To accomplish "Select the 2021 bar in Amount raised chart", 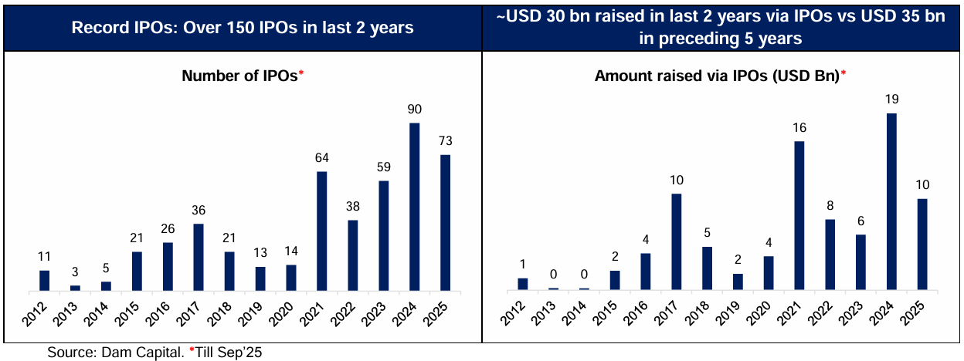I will (x=799, y=216).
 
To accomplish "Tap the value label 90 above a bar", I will (x=414, y=110).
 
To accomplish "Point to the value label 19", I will (x=892, y=100).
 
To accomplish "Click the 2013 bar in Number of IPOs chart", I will (x=75, y=287).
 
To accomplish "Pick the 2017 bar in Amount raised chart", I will (x=676, y=241).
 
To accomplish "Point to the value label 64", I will (x=321, y=158).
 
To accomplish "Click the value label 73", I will (x=445, y=141).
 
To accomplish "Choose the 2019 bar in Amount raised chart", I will (x=738, y=282).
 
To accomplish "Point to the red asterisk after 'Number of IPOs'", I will (x=302, y=73).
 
